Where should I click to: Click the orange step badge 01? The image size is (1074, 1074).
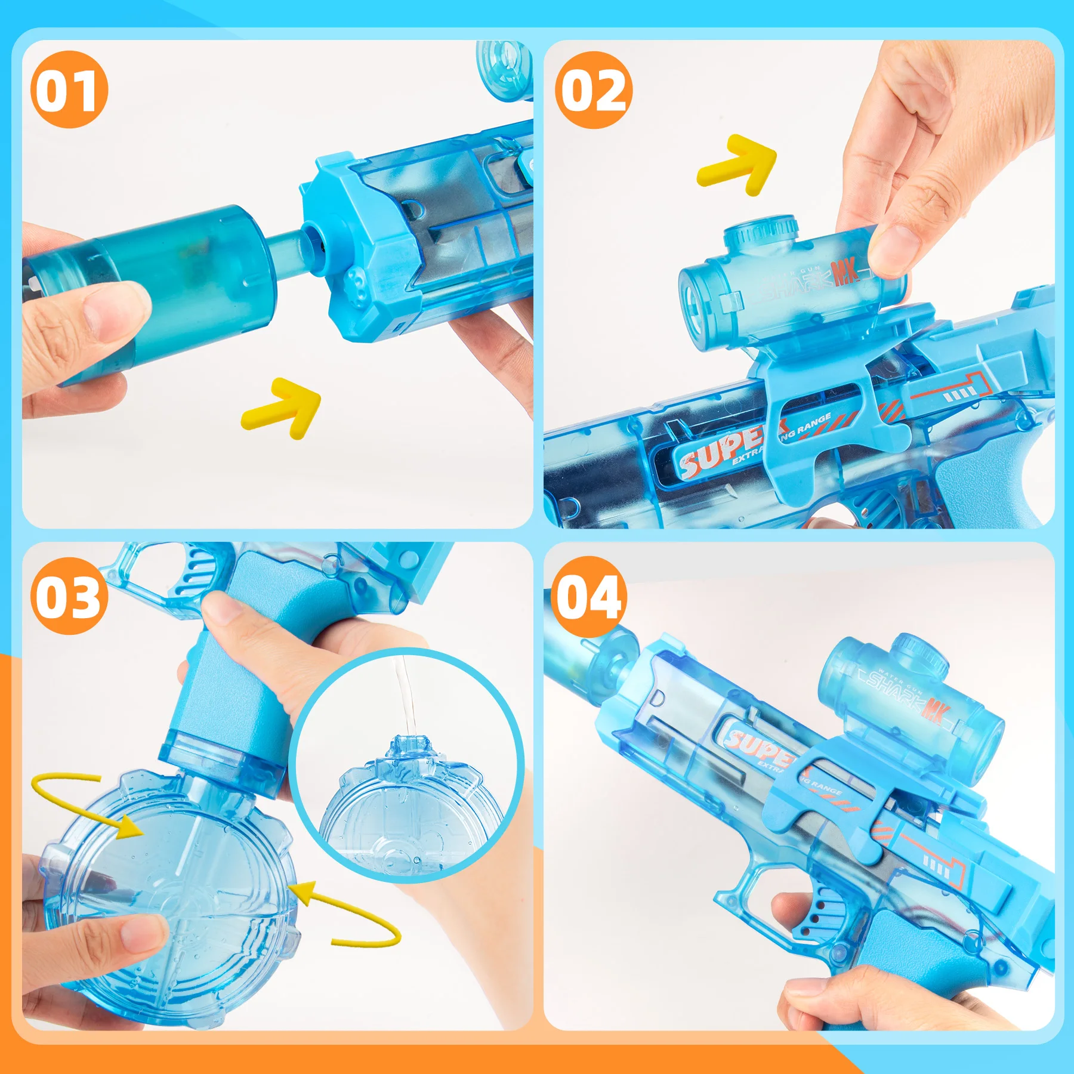[x=69, y=89]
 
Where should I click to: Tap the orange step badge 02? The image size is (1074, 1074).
[x=594, y=89]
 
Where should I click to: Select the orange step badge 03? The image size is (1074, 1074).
[x=69, y=596]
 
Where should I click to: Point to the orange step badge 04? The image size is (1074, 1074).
[x=588, y=596]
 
